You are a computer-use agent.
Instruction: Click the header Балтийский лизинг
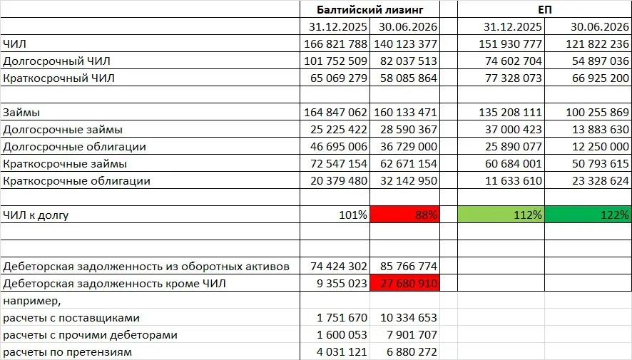coord(369,9)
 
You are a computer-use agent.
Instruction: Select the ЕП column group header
coord(544,9)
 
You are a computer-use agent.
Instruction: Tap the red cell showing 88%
coord(404,215)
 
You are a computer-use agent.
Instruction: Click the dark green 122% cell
coord(588,215)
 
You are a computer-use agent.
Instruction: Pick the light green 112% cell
coord(501,215)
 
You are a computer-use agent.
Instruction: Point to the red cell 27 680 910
coord(404,283)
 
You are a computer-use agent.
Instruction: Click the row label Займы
coord(21,113)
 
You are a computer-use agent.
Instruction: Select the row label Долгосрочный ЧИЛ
coord(56,61)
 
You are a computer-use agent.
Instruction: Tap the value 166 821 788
coord(335,43)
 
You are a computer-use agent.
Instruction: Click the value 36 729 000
coord(408,147)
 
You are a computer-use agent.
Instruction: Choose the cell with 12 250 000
coord(600,147)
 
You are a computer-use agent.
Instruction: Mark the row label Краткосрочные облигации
coord(76,181)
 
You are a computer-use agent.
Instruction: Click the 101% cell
coord(353,215)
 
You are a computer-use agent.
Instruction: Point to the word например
coord(32,301)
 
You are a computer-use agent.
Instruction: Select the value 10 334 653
coord(408,318)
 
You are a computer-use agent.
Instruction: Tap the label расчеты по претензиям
coord(67,352)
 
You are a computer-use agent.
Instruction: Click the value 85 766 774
coord(408,266)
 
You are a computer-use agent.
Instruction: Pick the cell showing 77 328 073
coord(513,78)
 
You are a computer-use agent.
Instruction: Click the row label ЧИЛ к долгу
coord(36,215)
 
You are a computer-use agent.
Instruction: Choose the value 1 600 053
coord(342,335)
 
